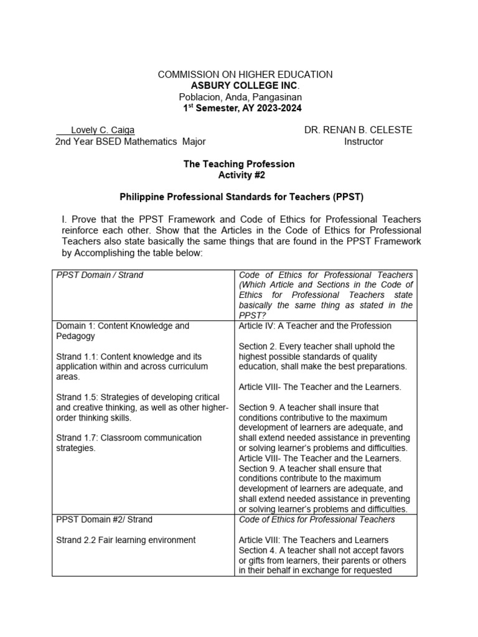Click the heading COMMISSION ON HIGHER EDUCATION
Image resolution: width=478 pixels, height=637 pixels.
(245, 75)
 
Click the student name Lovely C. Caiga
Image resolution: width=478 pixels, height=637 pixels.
(103, 130)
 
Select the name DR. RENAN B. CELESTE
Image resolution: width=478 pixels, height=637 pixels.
(358, 130)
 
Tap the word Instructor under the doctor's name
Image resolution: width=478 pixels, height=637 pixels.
(363, 142)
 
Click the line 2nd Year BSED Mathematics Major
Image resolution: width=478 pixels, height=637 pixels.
(130, 142)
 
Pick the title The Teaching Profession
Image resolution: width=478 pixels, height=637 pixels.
(238, 164)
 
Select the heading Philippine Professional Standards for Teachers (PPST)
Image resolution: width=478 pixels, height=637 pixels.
(241, 197)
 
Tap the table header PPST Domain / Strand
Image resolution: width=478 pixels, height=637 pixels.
(100, 275)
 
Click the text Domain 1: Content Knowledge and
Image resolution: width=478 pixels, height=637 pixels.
(123, 326)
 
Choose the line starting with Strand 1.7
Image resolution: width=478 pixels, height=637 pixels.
(129, 438)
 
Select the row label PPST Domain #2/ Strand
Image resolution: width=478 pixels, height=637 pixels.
(104, 519)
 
